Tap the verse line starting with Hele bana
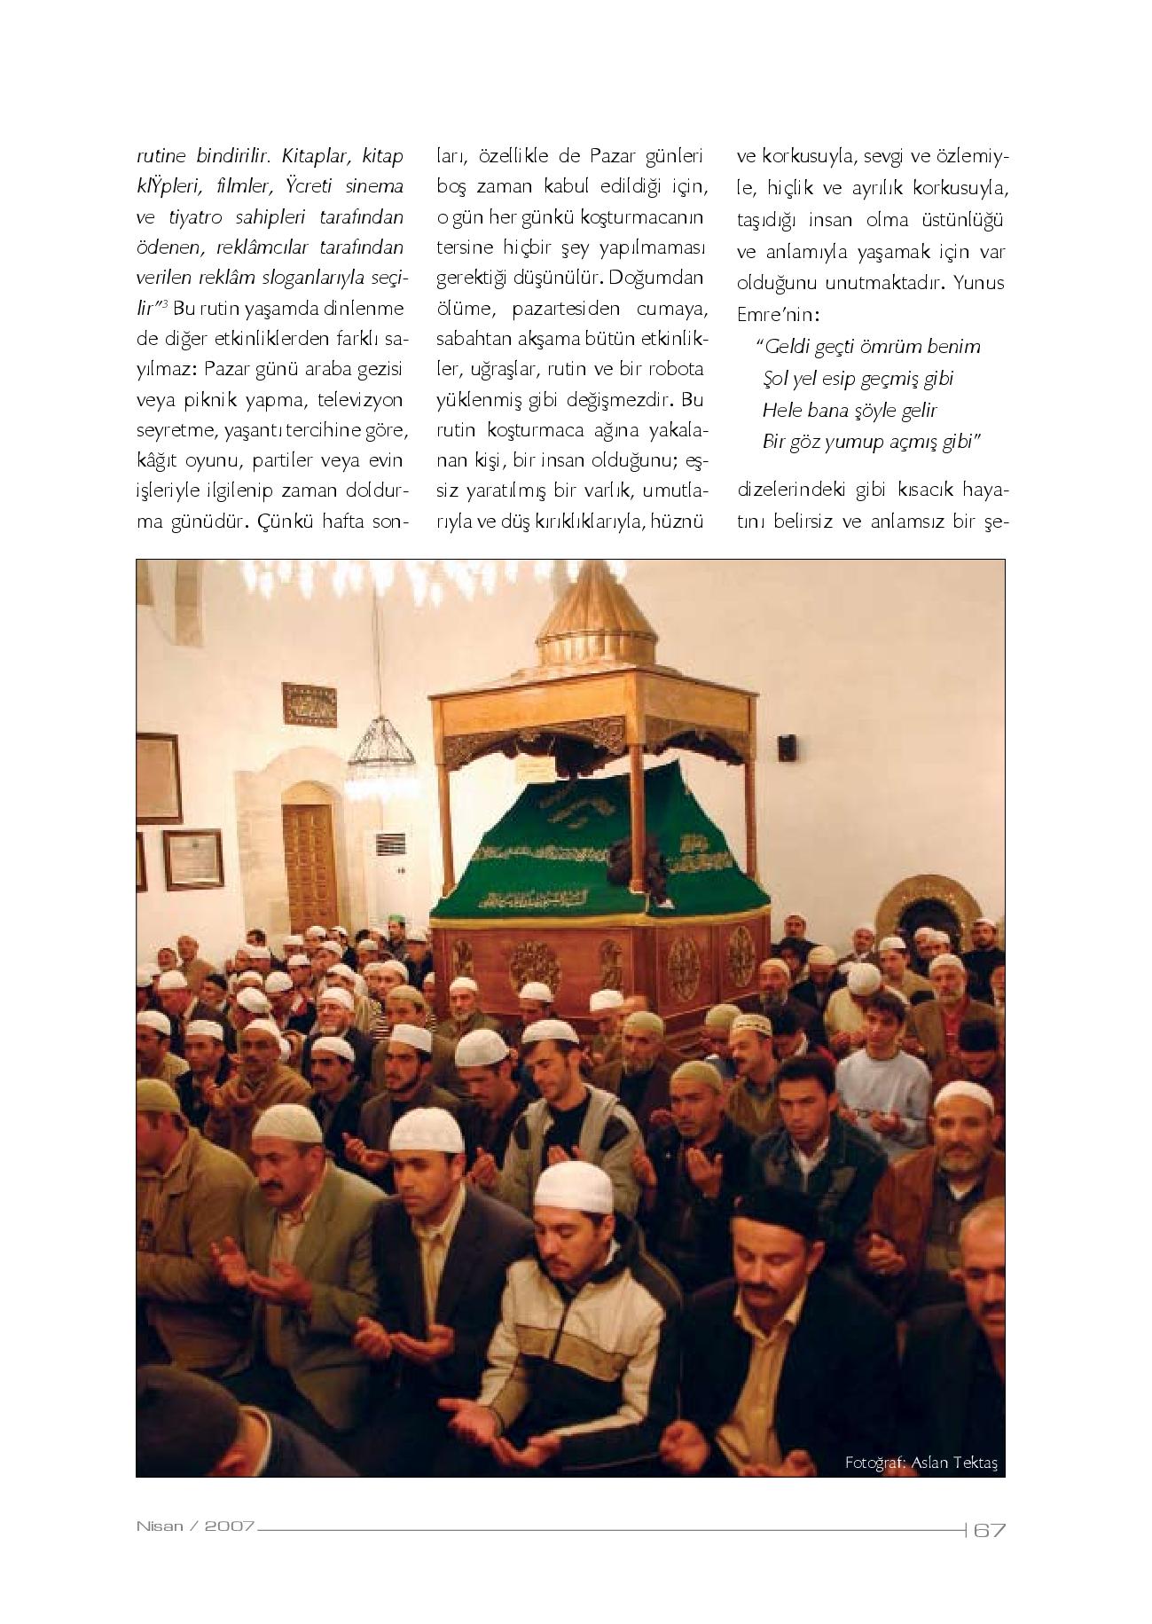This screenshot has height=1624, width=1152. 850,411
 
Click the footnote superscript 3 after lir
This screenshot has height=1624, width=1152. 165,304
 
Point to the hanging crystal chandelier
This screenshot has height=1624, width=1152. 381,751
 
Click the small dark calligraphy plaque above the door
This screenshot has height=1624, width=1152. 310,704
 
